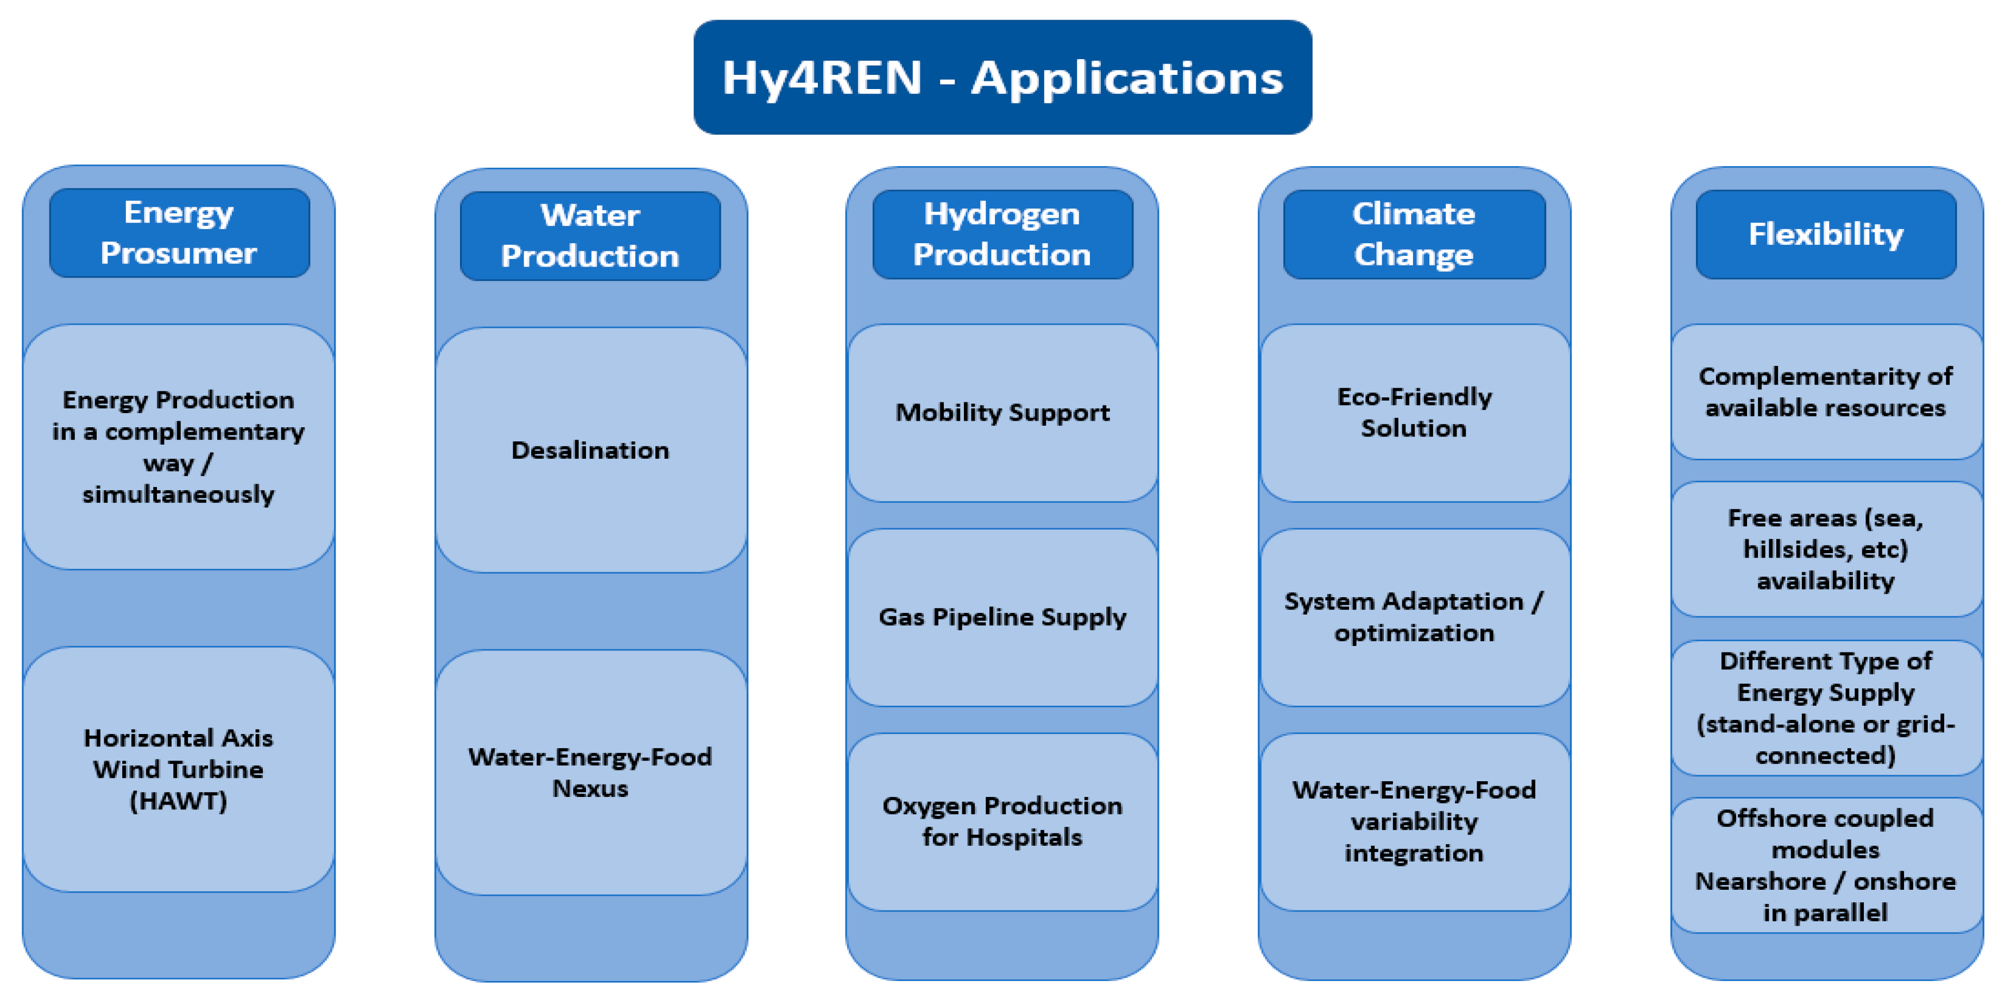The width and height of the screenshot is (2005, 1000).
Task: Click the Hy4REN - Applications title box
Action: pos(1002,77)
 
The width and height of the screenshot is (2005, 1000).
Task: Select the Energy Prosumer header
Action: pos(179,233)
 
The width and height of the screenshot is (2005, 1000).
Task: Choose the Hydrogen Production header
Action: pos(1002,234)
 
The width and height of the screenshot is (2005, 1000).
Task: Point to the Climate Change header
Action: pos(1414,234)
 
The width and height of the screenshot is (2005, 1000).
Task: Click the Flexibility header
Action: pos(1826,234)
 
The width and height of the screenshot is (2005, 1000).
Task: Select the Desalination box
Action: pos(591,450)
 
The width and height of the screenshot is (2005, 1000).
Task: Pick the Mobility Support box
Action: pos(1002,413)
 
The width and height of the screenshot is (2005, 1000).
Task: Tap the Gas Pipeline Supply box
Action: pos(1002,617)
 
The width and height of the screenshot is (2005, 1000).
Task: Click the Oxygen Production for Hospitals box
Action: pos(1002,822)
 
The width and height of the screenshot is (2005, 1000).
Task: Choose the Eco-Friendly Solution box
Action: pos(1414,413)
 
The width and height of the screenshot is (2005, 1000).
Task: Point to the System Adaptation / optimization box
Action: pos(1414,617)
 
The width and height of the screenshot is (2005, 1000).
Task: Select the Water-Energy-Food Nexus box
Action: pos(591,773)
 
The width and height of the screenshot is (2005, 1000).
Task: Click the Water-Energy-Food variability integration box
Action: pos(1414,822)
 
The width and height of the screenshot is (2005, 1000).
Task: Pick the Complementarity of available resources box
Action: pos(1826,391)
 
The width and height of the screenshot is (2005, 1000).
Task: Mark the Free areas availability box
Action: pos(1826,549)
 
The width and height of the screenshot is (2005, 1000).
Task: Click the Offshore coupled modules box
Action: pos(1826,865)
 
